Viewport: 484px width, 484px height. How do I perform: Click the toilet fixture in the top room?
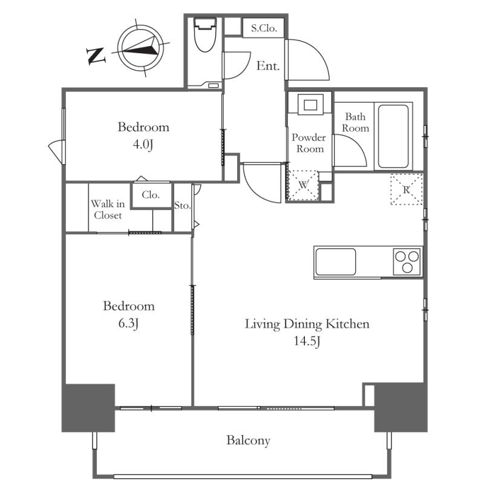(x=204, y=34)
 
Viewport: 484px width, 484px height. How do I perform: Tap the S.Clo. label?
(x=264, y=28)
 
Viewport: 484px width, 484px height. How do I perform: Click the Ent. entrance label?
(x=268, y=66)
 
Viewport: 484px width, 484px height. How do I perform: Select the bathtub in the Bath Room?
(x=393, y=136)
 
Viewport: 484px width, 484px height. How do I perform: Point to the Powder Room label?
(x=309, y=143)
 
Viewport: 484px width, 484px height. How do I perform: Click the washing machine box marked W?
(x=304, y=185)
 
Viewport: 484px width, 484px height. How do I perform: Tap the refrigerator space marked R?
(x=406, y=189)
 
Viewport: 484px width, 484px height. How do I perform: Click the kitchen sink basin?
(x=335, y=262)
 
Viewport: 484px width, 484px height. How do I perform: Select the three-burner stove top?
(x=407, y=262)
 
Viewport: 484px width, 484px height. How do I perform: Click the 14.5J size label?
(x=307, y=341)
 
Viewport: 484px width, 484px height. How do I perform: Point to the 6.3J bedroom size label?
(x=128, y=324)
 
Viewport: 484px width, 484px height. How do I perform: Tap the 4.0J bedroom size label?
(x=143, y=145)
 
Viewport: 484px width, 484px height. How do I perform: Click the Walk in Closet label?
(x=108, y=209)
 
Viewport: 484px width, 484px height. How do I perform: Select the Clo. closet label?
(x=151, y=195)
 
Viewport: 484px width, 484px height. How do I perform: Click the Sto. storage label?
(x=182, y=205)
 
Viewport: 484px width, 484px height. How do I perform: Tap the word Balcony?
(x=249, y=440)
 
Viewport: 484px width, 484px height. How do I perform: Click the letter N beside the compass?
(x=96, y=56)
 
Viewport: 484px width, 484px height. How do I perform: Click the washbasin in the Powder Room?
(x=310, y=105)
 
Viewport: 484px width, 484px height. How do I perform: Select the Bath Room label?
(x=355, y=122)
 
